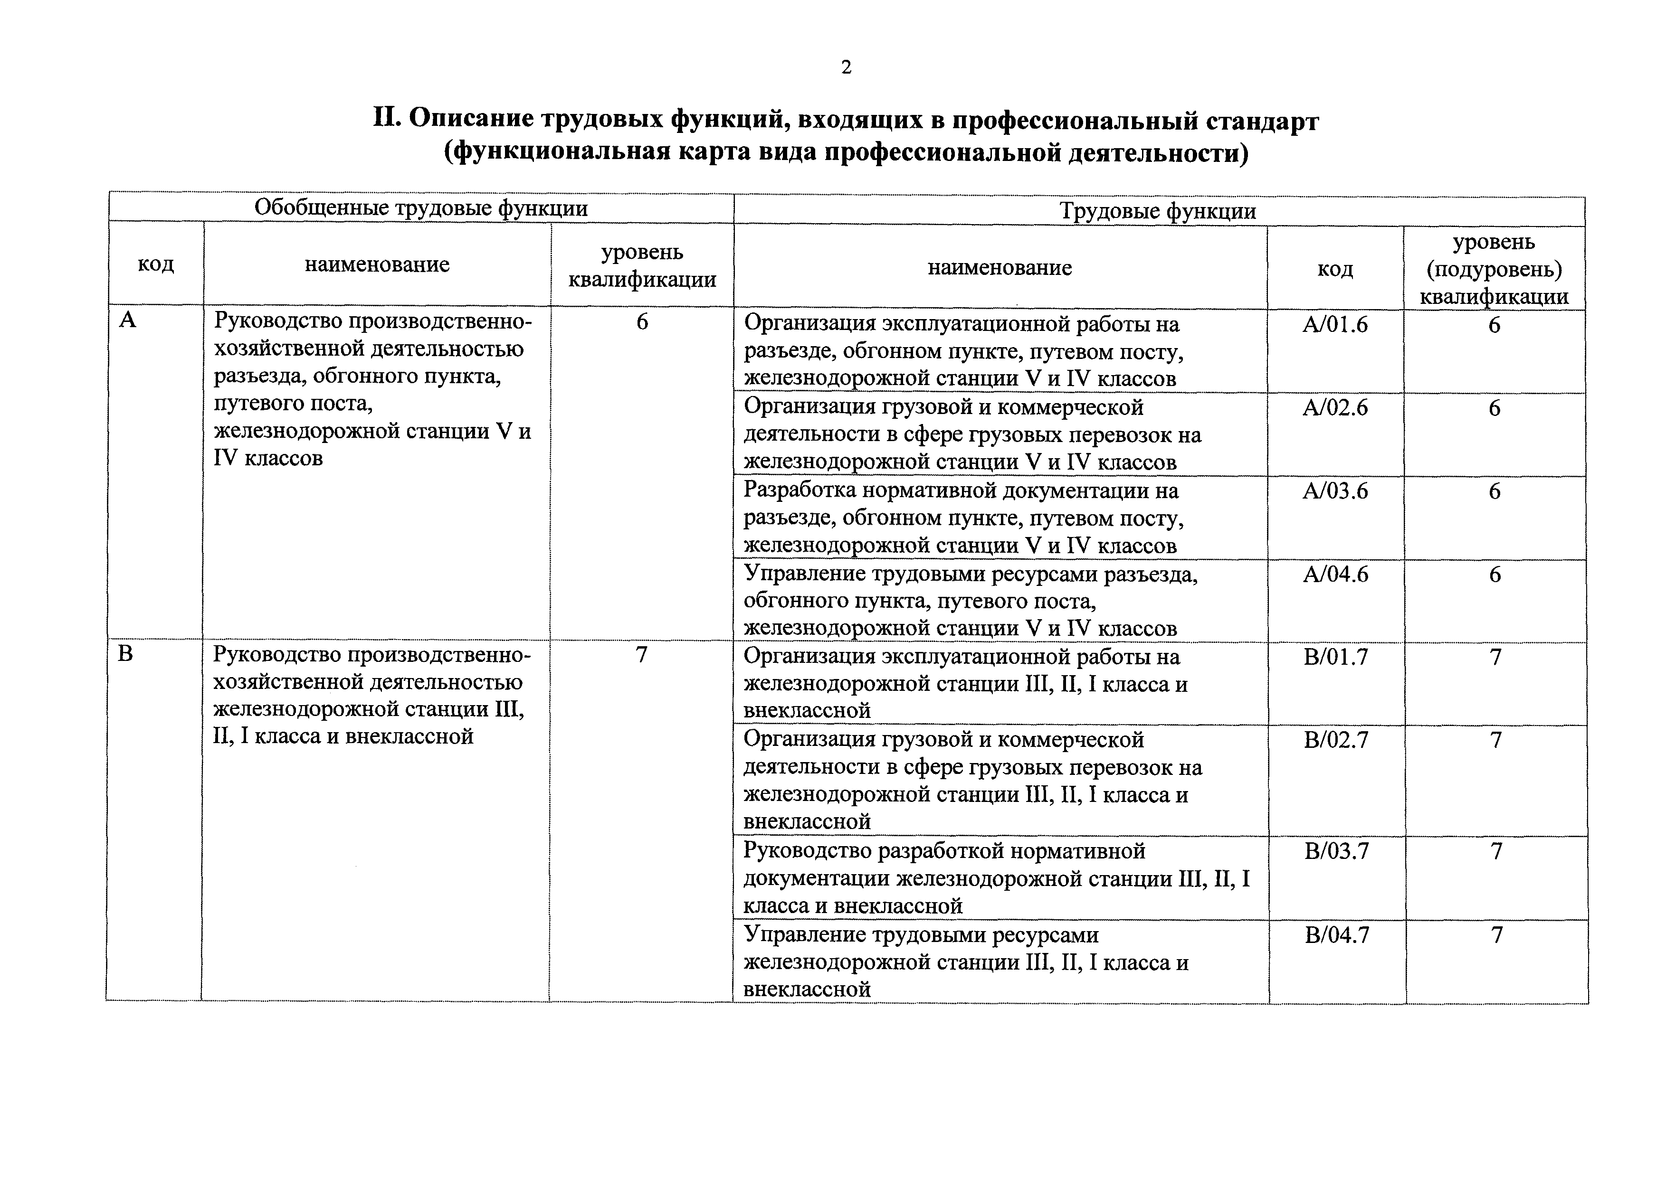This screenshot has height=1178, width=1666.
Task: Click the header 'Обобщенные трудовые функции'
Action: (x=421, y=208)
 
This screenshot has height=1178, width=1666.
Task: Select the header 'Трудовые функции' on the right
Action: (x=1158, y=211)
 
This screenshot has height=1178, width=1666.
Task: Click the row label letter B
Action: (x=125, y=653)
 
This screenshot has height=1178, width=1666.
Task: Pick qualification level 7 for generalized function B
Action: (x=641, y=655)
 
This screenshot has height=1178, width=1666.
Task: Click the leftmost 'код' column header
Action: (x=155, y=264)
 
